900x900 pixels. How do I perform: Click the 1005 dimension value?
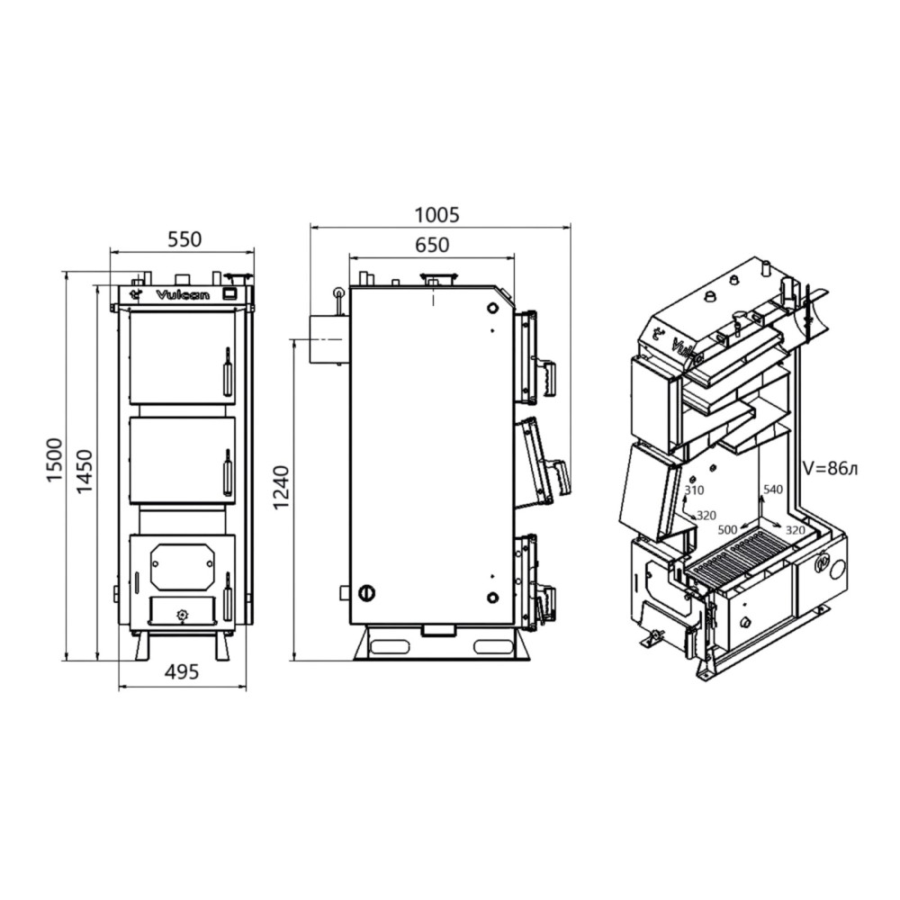pos(437,215)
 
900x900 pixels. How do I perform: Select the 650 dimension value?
pos(432,245)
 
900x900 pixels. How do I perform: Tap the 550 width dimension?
pos(184,238)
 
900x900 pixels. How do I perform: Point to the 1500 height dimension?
pos(55,460)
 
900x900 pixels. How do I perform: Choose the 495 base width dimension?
pos(182,670)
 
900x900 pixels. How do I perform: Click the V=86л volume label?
pos(830,469)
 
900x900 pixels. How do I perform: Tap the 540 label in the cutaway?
pos(772,489)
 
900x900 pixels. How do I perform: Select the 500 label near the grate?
pos(727,530)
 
